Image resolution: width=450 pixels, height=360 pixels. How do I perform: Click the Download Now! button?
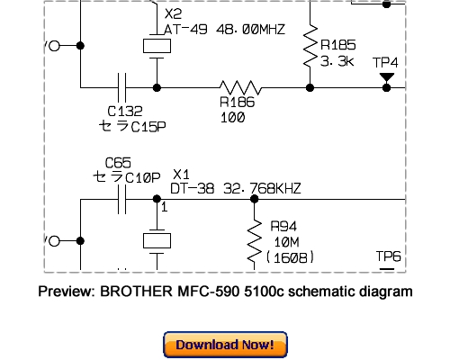tap(225, 345)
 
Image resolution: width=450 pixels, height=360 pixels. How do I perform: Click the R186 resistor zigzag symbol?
tap(240, 87)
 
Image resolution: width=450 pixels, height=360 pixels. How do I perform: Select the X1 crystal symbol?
tap(157, 241)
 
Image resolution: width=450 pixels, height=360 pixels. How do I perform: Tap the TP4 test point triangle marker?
tap(386, 78)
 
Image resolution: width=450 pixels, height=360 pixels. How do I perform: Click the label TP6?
tap(388, 257)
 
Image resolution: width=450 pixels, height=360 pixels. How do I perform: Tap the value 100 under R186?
tap(232, 117)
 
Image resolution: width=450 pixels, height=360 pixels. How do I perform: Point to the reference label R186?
tap(237, 103)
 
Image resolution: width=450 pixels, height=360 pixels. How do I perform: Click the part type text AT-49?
tap(183, 30)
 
